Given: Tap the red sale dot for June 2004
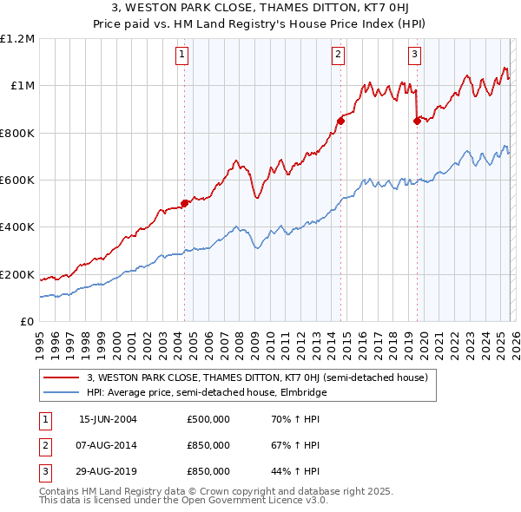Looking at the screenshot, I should coord(184,204).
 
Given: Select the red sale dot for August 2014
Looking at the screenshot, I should coord(340,121).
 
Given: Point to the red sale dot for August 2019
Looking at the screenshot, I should coord(417,121).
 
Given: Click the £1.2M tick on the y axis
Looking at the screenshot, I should coord(17,39).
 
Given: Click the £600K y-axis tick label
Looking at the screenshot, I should coord(17,181).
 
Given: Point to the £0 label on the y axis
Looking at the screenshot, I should coord(28,322).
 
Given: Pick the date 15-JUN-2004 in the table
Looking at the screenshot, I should coord(108,419).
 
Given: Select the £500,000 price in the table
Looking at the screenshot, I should coord(208,419).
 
